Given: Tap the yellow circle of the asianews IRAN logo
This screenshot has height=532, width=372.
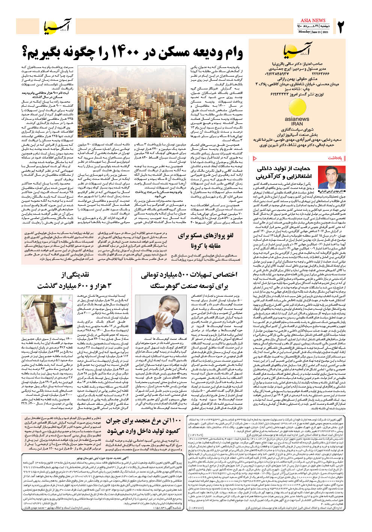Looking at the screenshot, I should (297, 107).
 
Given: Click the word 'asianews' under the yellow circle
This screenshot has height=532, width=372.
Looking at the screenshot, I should (297, 119).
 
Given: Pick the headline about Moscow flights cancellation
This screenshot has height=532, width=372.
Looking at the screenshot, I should (206, 241).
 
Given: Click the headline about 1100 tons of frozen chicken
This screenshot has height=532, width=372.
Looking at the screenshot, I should (144, 426).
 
